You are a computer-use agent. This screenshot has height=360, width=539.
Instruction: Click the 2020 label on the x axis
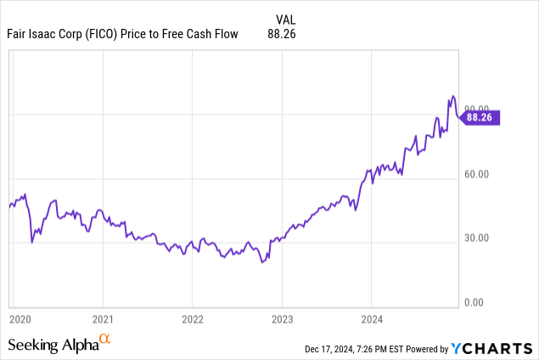[x=18, y=320]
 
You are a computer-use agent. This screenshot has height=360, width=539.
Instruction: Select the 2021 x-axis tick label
[x=103, y=320]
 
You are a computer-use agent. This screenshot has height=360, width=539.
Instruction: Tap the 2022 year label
[x=193, y=320]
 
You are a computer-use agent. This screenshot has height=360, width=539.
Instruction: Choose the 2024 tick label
[x=372, y=320]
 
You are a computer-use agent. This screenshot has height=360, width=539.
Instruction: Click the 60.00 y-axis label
[x=479, y=176]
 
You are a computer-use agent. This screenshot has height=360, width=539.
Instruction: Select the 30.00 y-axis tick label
[x=479, y=238]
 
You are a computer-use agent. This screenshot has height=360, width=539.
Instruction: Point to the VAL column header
[x=287, y=18]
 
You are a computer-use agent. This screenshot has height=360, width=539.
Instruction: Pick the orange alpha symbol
[x=105, y=340]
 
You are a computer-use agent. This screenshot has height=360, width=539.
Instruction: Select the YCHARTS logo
[x=491, y=348]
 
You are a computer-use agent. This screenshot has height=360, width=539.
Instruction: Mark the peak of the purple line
[x=453, y=96]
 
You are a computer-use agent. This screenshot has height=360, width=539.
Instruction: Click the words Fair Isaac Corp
[x=43, y=33]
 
